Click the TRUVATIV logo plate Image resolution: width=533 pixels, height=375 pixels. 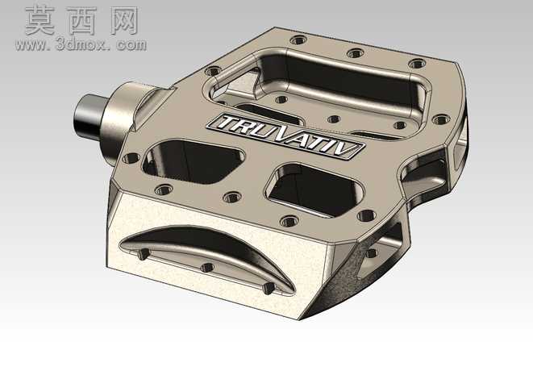pyautogui.click(x=285, y=136)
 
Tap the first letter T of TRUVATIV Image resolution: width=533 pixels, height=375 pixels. pyautogui.click(x=227, y=123)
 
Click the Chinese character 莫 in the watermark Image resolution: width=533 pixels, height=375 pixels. pyautogui.click(x=40, y=21)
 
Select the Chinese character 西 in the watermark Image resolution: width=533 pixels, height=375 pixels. pyautogui.click(x=82, y=21)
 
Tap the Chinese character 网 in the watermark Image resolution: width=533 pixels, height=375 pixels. pyautogui.click(x=124, y=21)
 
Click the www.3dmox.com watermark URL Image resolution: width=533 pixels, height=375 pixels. pyautogui.click(x=81, y=44)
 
